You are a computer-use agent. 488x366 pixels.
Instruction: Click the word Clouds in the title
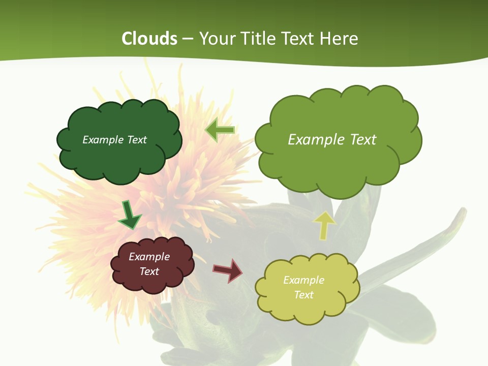pyautogui.click(x=149, y=39)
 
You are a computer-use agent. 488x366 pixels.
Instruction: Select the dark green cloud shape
pyautogui.click(x=119, y=158)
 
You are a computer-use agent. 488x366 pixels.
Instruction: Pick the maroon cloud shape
pyautogui.click(x=152, y=280)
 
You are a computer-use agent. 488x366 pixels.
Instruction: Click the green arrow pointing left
pyautogui.click(x=220, y=130)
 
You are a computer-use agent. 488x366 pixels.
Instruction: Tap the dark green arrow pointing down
pyautogui.click(x=129, y=215)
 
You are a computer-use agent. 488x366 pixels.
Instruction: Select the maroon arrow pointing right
pyautogui.click(x=227, y=270)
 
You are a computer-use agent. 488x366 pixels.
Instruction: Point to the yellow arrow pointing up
pyautogui.click(x=324, y=225)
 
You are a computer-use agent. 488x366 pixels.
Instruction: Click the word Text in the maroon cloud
pyautogui.click(x=149, y=271)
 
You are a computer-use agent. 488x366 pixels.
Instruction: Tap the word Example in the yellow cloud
pyautogui.click(x=303, y=280)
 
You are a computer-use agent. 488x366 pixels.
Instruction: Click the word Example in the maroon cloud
pyautogui.click(x=149, y=257)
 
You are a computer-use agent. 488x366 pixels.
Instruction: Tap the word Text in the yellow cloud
pyautogui.click(x=303, y=295)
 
